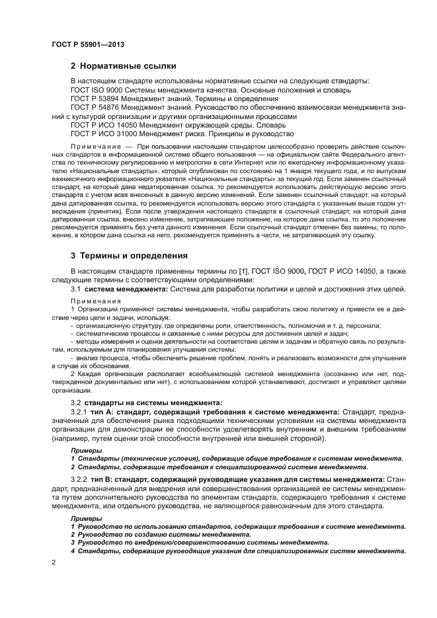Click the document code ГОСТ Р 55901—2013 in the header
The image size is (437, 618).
(88, 44)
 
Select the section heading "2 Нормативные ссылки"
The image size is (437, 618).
(123, 66)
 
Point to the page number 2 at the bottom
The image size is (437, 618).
(54, 560)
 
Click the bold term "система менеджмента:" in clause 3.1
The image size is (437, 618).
(126, 289)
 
